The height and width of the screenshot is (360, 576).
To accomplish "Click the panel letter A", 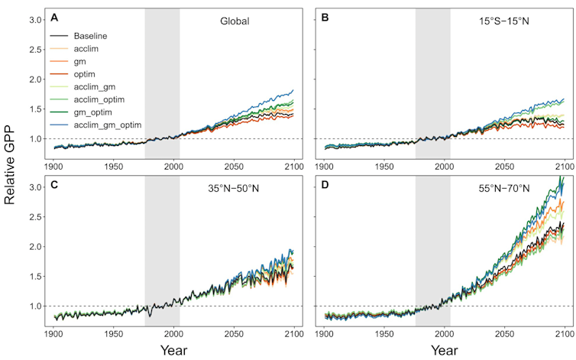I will click(54, 18).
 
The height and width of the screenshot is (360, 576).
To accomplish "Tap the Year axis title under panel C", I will click(174, 351).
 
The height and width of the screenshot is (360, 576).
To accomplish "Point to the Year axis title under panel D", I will click(445, 351).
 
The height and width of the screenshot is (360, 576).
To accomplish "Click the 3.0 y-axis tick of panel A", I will click(34, 18).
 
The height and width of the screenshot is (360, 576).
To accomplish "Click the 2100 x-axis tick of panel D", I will click(564, 334).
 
